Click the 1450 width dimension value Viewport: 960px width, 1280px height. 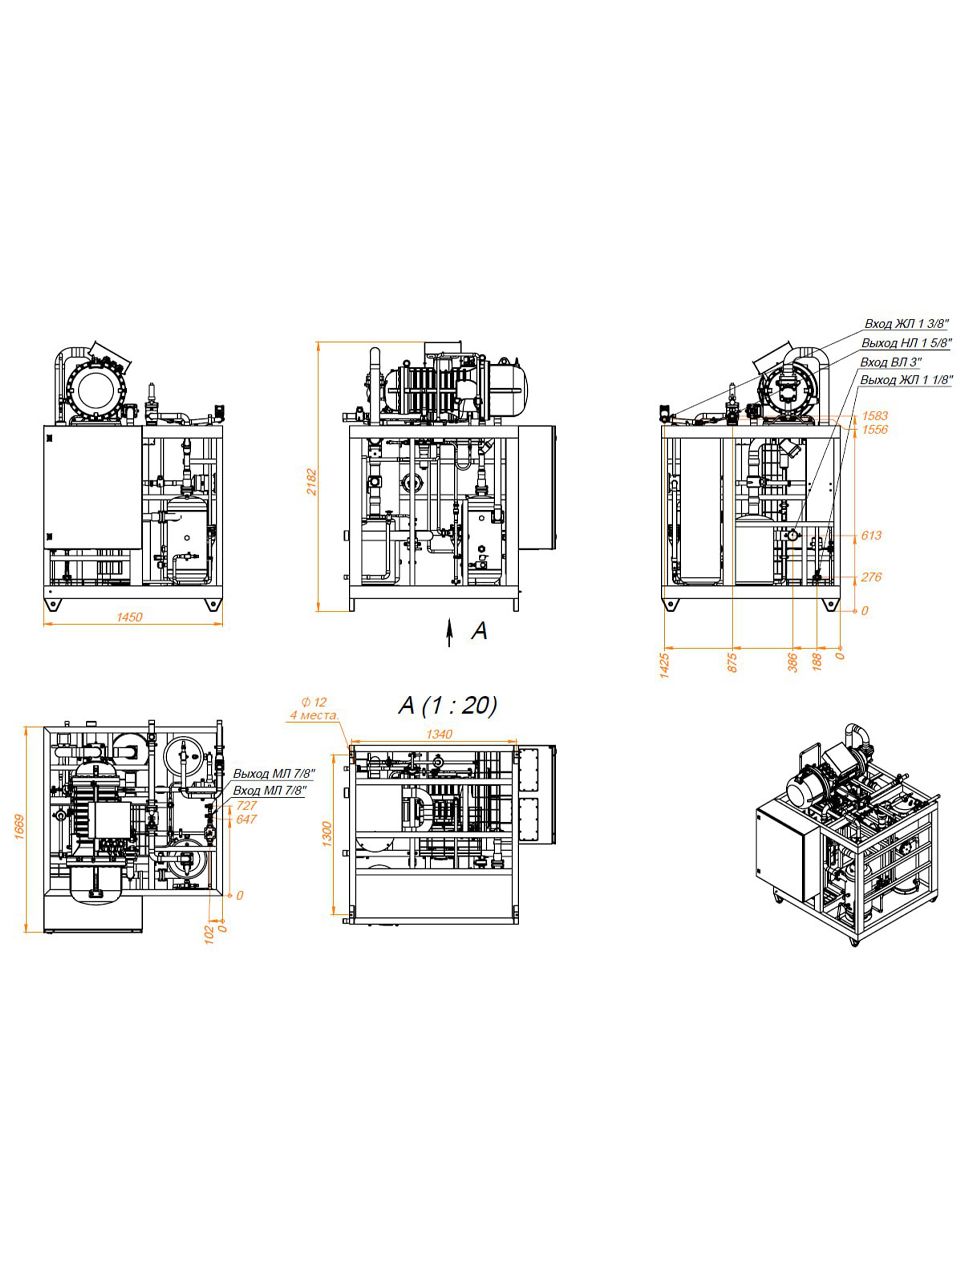(129, 617)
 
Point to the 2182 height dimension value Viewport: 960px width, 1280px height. (312, 482)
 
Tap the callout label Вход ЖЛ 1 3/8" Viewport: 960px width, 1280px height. (907, 324)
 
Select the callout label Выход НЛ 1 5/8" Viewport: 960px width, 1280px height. (907, 342)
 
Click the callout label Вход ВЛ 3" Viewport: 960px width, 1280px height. (891, 362)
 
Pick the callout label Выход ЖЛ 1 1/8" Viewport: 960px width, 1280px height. (907, 380)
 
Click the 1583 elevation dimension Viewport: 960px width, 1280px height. (875, 416)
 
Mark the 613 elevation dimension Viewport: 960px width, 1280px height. (871, 535)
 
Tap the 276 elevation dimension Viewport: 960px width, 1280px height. (871, 577)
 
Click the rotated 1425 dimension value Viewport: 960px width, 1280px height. (665, 666)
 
